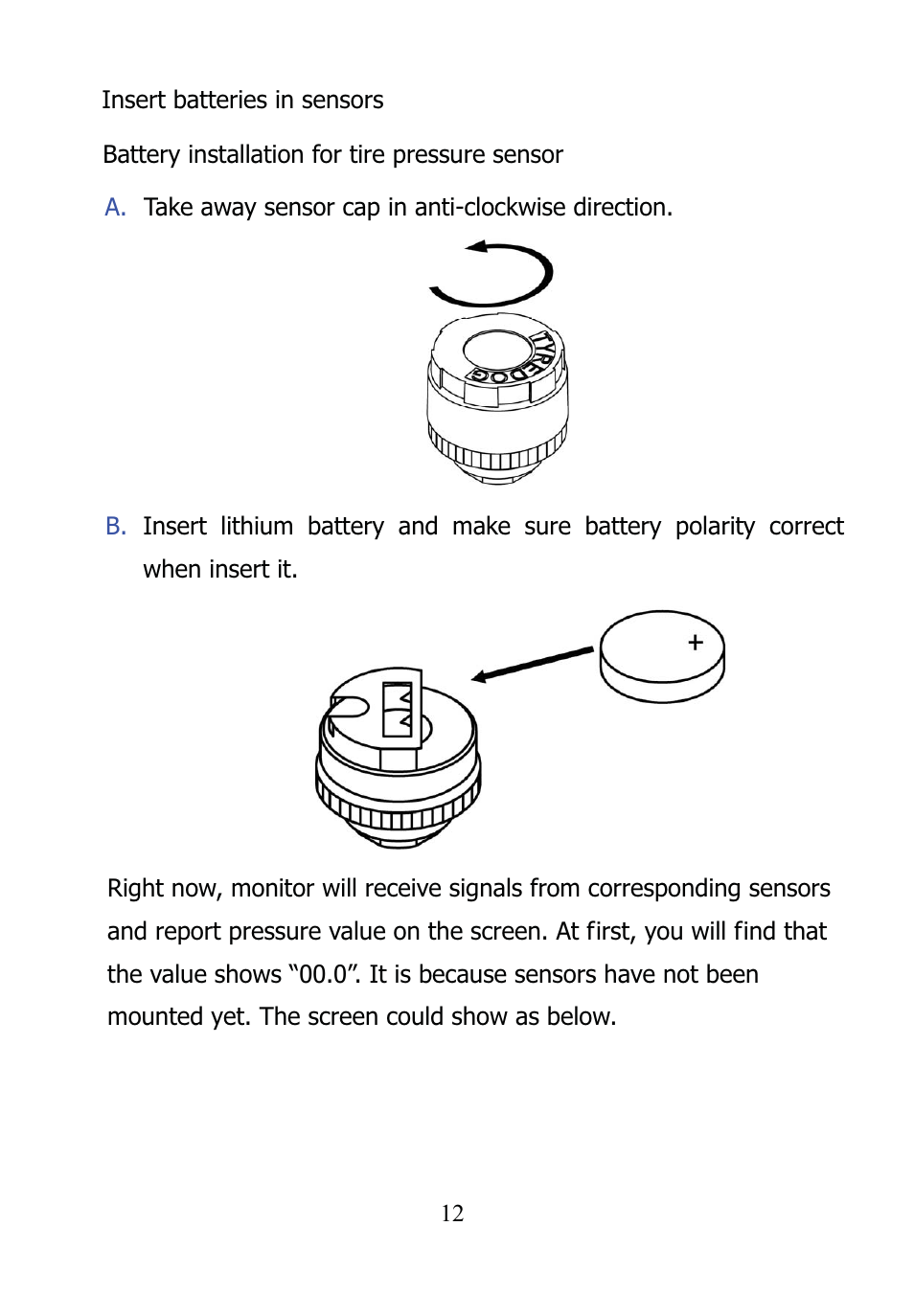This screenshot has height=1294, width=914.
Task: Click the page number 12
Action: (x=452, y=1214)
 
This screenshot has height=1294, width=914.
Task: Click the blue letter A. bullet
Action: (x=115, y=208)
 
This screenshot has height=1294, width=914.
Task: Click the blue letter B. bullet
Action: (x=116, y=527)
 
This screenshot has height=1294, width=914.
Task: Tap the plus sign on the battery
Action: (x=696, y=643)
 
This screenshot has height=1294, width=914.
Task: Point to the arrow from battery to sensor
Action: (x=533, y=664)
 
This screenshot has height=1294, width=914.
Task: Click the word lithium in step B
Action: (x=257, y=527)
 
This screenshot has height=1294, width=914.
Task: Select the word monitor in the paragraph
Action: (x=272, y=889)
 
